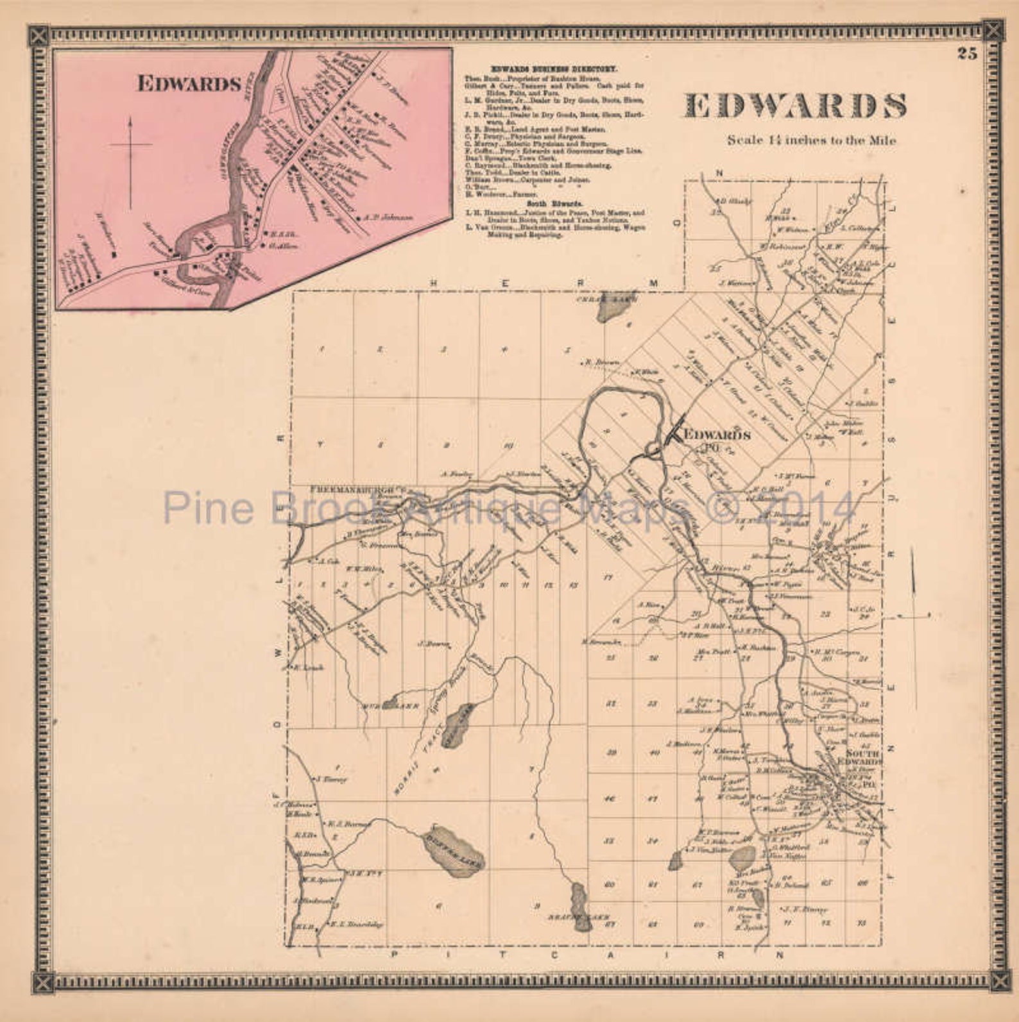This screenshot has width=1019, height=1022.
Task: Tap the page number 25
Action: point(967,54)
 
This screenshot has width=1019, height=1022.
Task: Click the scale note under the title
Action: point(811,140)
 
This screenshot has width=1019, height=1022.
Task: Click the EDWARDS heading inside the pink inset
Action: point(189,84)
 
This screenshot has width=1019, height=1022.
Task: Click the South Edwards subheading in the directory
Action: point(554,205)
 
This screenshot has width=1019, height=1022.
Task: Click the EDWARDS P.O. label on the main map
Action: point(718,436)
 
